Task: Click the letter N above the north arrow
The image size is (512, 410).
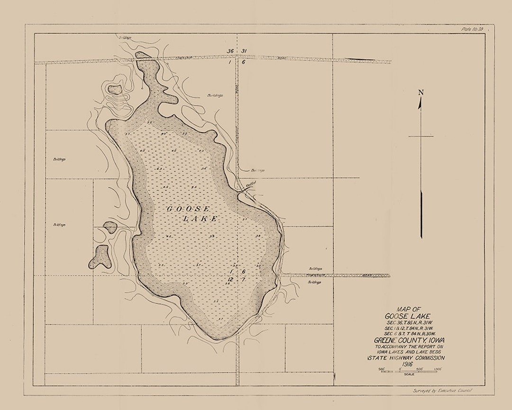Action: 421,93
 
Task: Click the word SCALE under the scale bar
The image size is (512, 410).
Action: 409,374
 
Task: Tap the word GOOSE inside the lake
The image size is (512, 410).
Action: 188,209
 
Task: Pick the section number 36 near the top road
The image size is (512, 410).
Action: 230,51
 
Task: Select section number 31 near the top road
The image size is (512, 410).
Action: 244,51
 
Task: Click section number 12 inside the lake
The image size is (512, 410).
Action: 230,280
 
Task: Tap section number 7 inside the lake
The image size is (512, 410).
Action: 243,280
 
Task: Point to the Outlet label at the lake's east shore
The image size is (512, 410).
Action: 251,182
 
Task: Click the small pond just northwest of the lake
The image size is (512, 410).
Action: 115,88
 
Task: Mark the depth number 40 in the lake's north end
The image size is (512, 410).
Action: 164,134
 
